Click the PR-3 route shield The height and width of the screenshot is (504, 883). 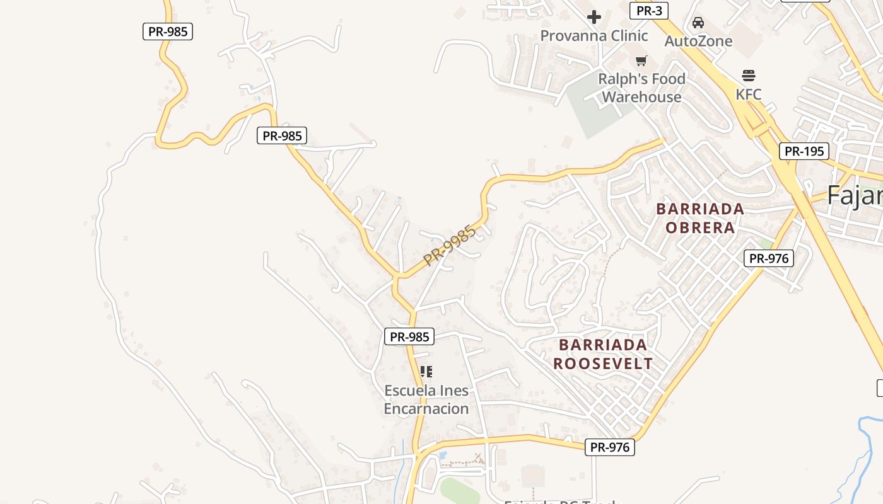click(649, 11)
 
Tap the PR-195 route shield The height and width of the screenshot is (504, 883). click(804, 151)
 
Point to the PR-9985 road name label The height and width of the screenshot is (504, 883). click(450, 246)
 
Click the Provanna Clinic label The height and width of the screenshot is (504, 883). click(594, 36)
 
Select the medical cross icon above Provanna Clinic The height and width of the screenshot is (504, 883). click(594, 17)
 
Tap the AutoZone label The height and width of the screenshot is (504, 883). click(699, 42)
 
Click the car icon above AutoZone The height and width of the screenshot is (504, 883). click(698, 23)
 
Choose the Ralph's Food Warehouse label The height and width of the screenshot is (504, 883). click(641, 88)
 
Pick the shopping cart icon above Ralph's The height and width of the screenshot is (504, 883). click(641, 61)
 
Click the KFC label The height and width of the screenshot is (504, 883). click(749, 94)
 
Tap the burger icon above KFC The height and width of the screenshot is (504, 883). click(749, 76)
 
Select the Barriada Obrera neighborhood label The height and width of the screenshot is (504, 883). click(700, 218)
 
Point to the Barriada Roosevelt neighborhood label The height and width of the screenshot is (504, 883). click(603, 354)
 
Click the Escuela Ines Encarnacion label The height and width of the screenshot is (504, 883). click(426, 399)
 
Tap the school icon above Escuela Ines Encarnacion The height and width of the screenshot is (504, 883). click(426, 372)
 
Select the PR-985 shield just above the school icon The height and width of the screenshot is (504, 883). click(409, 336)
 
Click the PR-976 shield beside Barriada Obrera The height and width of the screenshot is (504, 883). click(768, 258)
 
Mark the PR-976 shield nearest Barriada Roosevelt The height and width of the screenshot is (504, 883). click(610, 447)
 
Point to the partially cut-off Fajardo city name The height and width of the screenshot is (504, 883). click(855, 195)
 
